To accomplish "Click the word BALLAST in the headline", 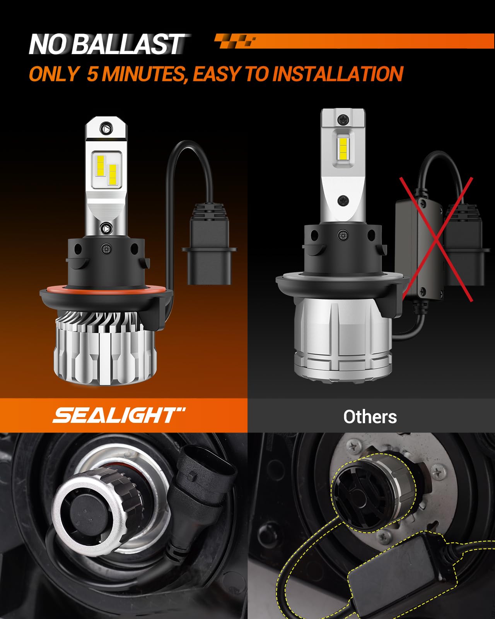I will click(x=128, y=44).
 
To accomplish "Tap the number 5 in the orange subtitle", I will click(x=92, y=74).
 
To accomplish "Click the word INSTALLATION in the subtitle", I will click(x=338, y=74).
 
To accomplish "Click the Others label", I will click(x=370, y=417).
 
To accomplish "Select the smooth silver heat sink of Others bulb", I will click(x=343, y=340).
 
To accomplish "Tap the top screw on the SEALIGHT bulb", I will click(x=106, y=127).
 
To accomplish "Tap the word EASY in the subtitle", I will click(x=217, y=74).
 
